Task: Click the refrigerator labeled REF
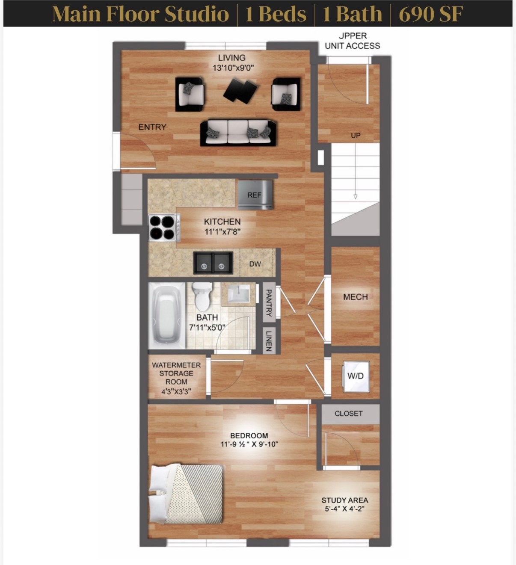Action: tap(255, 195)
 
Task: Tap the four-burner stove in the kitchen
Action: tap(162, 228)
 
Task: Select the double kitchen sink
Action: tap(213, 263)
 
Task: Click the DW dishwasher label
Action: tap(255, 264)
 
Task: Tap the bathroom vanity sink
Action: tap(238, 294)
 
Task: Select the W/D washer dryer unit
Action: tap(355, 376)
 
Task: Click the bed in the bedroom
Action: tap(187, 494)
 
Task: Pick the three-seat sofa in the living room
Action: tap(238, 133)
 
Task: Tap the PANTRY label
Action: tap(269, 303)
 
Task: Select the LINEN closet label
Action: tap(269, 340)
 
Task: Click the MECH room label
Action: tap(355, 297)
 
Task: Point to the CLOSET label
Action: tap(348, 414)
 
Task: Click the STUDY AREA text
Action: tap(344, 500)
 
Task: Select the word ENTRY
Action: tap(152, 127)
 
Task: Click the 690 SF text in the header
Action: tap(430, 14)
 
